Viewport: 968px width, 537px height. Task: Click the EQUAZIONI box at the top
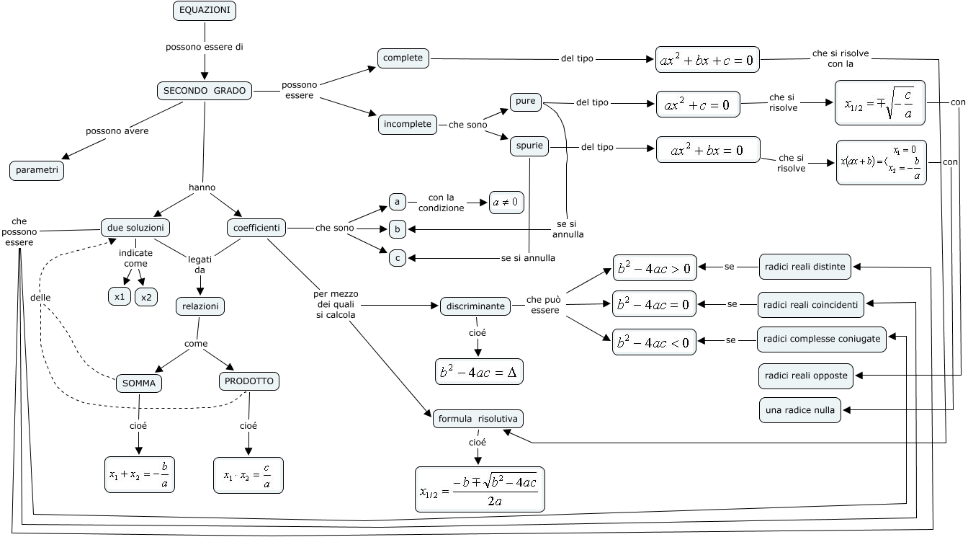coord(205,11)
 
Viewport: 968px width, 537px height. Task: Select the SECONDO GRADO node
coord(205,91)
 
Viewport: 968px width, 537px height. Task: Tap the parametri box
coord(37,171)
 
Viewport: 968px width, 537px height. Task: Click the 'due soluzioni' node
coord(135,228)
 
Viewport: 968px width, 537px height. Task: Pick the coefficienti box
coord(256,228)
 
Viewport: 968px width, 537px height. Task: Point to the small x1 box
coord(120,296)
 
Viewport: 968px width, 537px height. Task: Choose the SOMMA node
coord(139,383)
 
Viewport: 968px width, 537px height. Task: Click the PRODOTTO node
coord(248,381)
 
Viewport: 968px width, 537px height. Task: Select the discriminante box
coord(475,306)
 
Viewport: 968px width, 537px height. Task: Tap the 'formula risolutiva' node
coord(478,419)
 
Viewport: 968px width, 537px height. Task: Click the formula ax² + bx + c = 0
coord(707,61)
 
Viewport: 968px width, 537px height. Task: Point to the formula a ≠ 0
coord(506,203)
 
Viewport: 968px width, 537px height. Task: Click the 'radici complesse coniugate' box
coord(822,339)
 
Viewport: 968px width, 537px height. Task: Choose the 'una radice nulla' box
coord(800,410)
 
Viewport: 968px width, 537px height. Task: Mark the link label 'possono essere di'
coord(205,47)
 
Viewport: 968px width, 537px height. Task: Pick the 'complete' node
coord(403,58)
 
